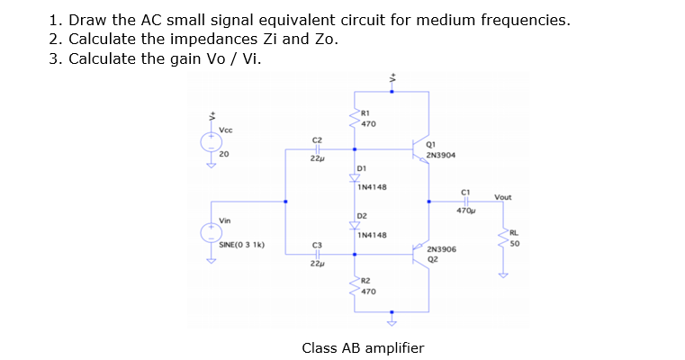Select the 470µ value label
pos(465,211)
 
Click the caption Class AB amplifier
pos(363,347)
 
